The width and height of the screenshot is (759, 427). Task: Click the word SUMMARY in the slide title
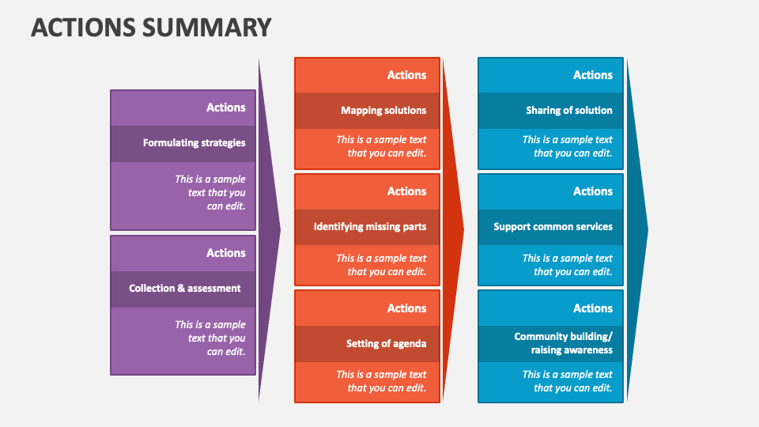pyautogui.click(x=206, y=27)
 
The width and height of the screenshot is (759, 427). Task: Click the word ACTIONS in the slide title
pyautogui.click(x=83, y=27)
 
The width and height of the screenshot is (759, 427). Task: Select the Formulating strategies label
pyautogui.click(x=194, y=143)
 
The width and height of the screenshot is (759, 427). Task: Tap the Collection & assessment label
pyautogui.click(x=184, y=288)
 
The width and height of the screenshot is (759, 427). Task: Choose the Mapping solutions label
pyautogui.click(x=383, y=111)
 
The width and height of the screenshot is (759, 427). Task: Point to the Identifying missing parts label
pyautogui.click(x=370, y=227)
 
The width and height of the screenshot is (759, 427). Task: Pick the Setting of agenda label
pyautogui.click(x=387, y=344)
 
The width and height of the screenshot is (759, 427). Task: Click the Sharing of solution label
pyautogui.click(x=569, y=111)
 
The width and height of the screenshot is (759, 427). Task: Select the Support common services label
pyautogui.click(x=553, y=227)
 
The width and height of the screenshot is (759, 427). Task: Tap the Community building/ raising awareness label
pyautogui.click(x=564, y=343)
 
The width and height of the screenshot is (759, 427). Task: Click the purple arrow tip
pyautogui.click(x=280, y=229)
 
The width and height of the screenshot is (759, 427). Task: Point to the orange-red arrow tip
pyautogui.click(x=464, y=229)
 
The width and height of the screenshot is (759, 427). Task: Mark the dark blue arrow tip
pyautogui.click(x=648, y=229)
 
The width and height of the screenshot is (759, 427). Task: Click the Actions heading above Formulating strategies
pyautogui.click(x=226, y=108)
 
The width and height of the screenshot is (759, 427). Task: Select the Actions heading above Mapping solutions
pyautogui.click(x=406, y=75)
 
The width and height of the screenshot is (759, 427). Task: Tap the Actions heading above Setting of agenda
pyautogui.click(x=406, y=308)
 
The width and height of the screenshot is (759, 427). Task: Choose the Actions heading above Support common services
pyautogui.click(x=593, y=191)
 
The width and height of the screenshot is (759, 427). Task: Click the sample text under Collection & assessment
pyautogui.click(x=210, y=338)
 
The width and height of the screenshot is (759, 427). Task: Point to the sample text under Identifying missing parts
pyautogui.click(x=381, y=265)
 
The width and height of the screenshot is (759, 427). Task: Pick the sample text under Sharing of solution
pyautogui.click(x=568, y=146)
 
